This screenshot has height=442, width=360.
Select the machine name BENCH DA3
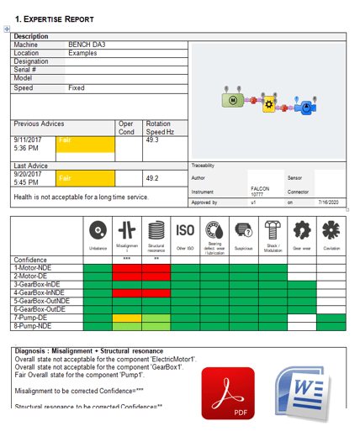point(87,45)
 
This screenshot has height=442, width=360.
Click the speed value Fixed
point(77,87)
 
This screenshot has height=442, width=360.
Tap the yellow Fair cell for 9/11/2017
point(84,145)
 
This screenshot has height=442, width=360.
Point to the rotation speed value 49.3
point(152,140)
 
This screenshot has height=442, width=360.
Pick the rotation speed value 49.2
point(152,178)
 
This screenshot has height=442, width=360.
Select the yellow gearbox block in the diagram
point(269,104)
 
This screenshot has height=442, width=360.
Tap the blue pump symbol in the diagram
point(307,107)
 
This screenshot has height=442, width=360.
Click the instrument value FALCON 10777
point(260,192)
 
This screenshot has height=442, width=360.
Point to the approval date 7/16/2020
point(327,203)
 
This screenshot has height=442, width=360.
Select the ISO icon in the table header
point(185,230)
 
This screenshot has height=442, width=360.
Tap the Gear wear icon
point(301,230)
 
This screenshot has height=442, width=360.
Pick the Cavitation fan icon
point(331,230)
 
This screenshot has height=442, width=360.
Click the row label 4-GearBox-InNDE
point(40,292)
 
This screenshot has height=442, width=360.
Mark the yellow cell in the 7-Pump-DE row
point(126,318)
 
